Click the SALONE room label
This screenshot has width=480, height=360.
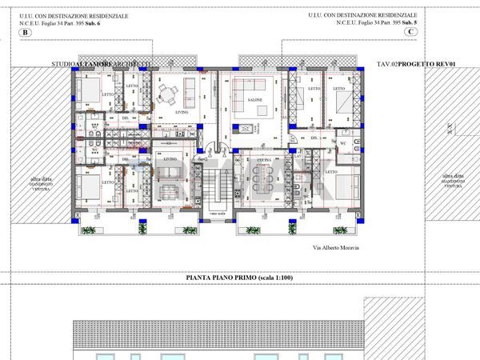point(255,100)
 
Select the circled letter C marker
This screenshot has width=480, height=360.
point(433,32)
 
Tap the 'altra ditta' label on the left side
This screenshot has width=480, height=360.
point(42,178)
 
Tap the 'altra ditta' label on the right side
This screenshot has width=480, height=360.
point(453,178)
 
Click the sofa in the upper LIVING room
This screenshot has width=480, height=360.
point(190,86)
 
